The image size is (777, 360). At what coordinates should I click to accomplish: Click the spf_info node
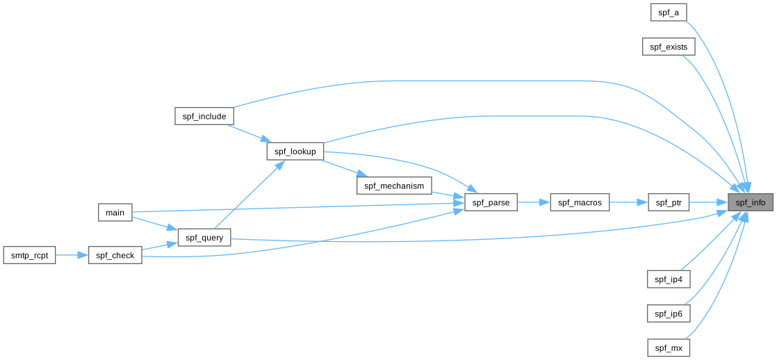[x=751, y=203]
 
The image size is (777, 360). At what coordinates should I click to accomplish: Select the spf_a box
[x=669, y=13]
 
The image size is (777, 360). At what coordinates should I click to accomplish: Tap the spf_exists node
[x=669, y=47]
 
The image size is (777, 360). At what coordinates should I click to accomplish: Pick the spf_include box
[x=204, y=116]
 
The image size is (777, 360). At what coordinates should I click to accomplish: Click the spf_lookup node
[x=295, y=152]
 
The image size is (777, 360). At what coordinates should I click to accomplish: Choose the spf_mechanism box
[x=394, y=186]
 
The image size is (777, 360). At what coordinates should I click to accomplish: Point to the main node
[x=115, y=212]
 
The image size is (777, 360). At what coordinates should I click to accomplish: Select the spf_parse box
[x=491, y=203]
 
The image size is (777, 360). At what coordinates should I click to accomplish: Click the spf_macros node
[x=580, y=203]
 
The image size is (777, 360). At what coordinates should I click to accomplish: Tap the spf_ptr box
[x=669, y=203]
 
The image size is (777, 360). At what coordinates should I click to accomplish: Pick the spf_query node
[x=204, y=238]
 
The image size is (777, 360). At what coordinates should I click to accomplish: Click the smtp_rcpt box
[x=29, y=255]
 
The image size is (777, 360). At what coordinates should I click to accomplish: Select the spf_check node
[x=115, y=255]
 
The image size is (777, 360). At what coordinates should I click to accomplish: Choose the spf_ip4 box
[x=669, y=279]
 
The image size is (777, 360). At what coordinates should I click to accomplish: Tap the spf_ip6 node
[x=669, y=313]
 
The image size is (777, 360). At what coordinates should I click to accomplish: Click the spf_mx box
[x=669, y=347]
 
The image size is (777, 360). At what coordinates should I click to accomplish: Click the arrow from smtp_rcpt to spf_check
[x=72, y=255]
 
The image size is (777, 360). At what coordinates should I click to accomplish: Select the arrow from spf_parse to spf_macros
[x=534, y=203]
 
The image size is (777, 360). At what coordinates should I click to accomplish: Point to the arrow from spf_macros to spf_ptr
[x=628, y=203]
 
